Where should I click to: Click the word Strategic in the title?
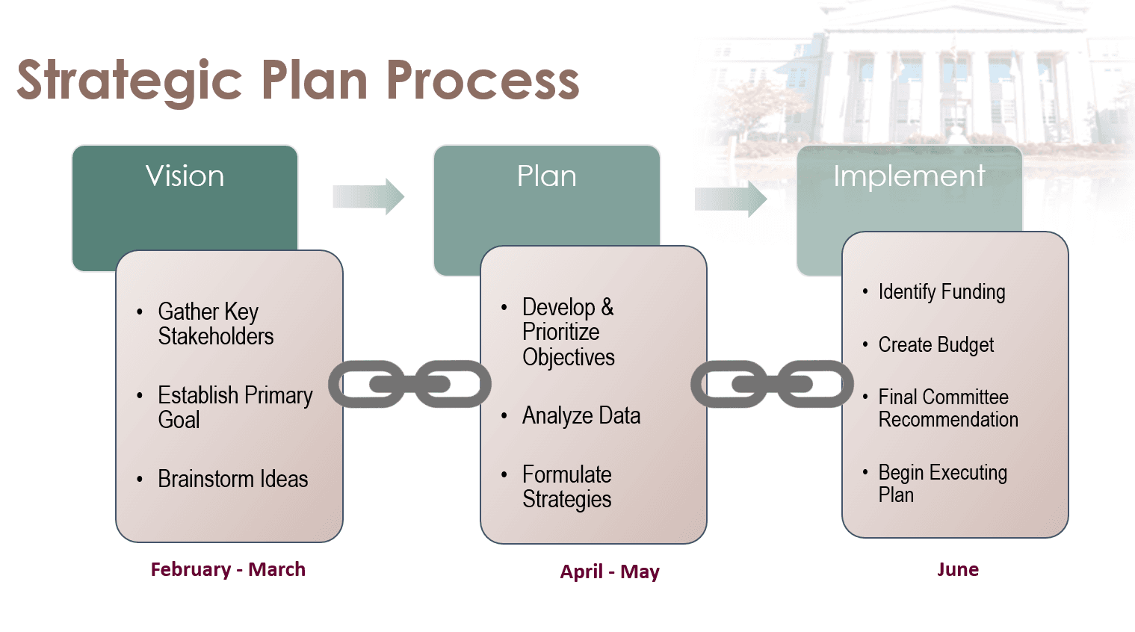[129, 81]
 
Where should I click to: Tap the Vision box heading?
[185, 176]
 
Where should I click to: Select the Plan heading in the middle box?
[546, 176]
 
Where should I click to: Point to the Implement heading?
[909, 176]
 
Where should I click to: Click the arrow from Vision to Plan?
[368, 196]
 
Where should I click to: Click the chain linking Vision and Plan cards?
[409, 384]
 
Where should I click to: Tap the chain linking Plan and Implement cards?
[772, 384]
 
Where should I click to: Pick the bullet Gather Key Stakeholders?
[215, 323]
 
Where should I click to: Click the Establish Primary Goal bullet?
[235, 407]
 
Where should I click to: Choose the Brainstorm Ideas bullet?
[232, 479]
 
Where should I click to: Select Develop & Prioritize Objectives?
[568, 332]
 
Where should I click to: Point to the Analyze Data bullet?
[581, 415]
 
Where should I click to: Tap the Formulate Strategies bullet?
[566, 486]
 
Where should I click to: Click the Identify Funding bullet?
[941, 291]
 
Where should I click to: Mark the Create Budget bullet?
[935, 345]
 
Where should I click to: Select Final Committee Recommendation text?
[947, 408]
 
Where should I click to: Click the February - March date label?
[228, 569]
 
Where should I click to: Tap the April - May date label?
[610, 571]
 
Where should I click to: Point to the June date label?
[957, 569]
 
